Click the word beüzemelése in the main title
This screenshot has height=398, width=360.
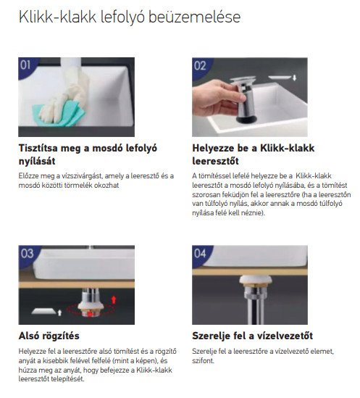point(194,17)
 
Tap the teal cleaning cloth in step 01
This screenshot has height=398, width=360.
point(59,114)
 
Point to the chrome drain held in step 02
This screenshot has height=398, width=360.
point(243,99)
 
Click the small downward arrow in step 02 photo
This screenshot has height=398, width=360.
point(294,78)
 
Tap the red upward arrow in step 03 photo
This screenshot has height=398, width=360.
point(114,300)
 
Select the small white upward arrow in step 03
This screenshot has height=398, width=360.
point(59,312)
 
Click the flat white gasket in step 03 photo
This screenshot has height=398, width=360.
point(43,311)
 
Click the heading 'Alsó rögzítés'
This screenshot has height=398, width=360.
point(49,336)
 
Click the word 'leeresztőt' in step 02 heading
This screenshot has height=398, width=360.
point(215,161)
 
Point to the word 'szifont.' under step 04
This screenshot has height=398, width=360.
point(204,361)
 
